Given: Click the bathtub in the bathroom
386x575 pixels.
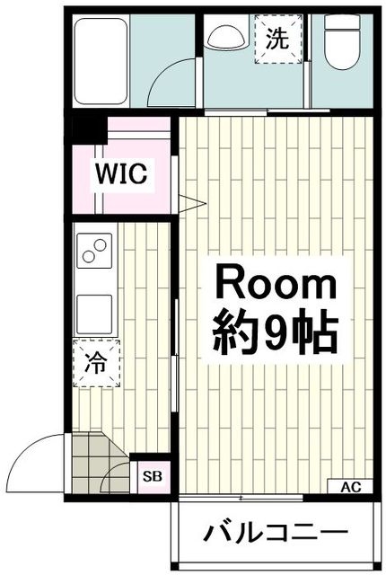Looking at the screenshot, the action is [x=101, y=61].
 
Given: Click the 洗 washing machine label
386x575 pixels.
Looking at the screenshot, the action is [x=278, y=39].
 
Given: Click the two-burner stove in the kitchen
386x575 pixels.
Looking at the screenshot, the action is [x=94, y=250].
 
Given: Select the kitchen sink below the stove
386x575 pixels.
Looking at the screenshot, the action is [x=94, y=314].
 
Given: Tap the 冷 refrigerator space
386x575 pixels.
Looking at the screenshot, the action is [x=96, y=363].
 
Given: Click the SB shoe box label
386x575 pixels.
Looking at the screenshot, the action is [x=153, y=477].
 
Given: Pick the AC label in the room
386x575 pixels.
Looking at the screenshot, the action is [x=350, y=487].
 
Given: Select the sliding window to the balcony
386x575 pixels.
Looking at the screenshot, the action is [x=241, y=498].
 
